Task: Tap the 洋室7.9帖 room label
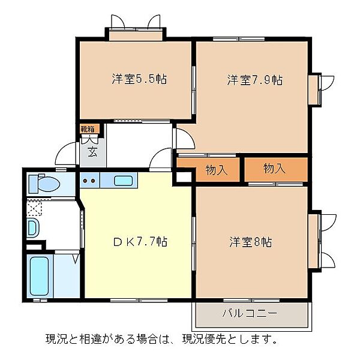click(x=254, y=79)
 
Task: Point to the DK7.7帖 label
click(x=140, y=242)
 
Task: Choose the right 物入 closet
click(x=274, y=169)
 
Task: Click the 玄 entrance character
click(x=92, y=151)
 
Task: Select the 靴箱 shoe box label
click(x=88, y=128)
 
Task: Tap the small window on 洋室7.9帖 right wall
click(x=314, y=89)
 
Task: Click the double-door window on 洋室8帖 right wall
click(x=322, y=240)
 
